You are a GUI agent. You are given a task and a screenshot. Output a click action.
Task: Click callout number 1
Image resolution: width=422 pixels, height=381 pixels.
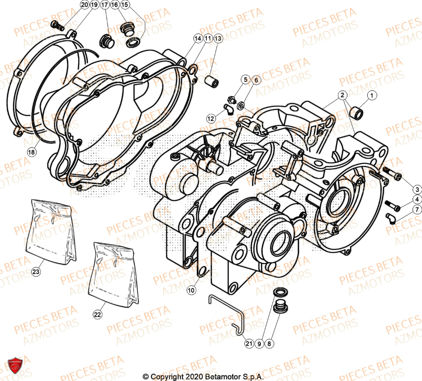371,96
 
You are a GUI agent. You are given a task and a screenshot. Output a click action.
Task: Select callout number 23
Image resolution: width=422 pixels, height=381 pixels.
36,272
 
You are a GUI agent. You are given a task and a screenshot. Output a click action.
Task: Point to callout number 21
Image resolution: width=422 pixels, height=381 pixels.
249,344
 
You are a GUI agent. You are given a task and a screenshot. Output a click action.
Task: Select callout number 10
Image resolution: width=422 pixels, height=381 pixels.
191,291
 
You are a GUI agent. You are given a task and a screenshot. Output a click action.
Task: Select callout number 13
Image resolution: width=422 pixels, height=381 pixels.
217,38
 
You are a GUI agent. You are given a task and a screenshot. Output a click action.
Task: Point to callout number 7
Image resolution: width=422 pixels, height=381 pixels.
416,210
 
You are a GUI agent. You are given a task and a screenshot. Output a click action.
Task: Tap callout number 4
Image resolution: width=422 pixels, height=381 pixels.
416,199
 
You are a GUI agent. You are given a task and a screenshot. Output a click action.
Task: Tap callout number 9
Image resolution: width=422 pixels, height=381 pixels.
259,344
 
